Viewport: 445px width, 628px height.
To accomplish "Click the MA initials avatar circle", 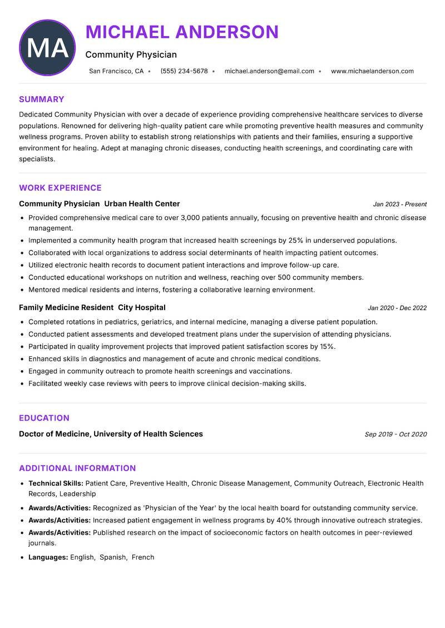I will click(47, 48).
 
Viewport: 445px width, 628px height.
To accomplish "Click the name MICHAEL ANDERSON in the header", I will click(182, 32).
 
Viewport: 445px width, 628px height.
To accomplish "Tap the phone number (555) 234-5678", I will click(184, 71).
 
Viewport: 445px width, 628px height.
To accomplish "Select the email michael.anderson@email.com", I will click(269, 71).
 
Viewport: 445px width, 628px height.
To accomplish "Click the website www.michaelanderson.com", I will click(372, 71).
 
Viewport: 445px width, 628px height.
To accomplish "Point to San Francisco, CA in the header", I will click(116, 71).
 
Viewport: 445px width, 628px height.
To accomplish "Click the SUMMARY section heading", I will click(42, 99).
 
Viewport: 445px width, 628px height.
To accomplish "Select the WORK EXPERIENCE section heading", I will click(60, 188).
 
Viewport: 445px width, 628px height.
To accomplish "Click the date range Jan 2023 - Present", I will click(399, 205).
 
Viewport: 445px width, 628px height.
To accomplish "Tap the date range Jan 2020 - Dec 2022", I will click(397, 308).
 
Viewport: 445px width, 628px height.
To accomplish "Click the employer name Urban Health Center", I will click(142, 204).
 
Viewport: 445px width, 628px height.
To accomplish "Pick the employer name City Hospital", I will click(142, 307).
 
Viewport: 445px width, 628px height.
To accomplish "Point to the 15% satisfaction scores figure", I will click(328, 347).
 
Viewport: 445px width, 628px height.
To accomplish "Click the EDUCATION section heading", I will click(44, 418).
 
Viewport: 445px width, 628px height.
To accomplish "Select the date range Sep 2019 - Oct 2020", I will click(395, 435).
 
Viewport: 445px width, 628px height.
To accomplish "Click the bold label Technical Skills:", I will click(56, 484).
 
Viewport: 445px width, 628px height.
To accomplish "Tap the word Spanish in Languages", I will click(113, 557).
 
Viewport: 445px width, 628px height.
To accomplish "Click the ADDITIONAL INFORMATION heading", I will click(77, 468).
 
